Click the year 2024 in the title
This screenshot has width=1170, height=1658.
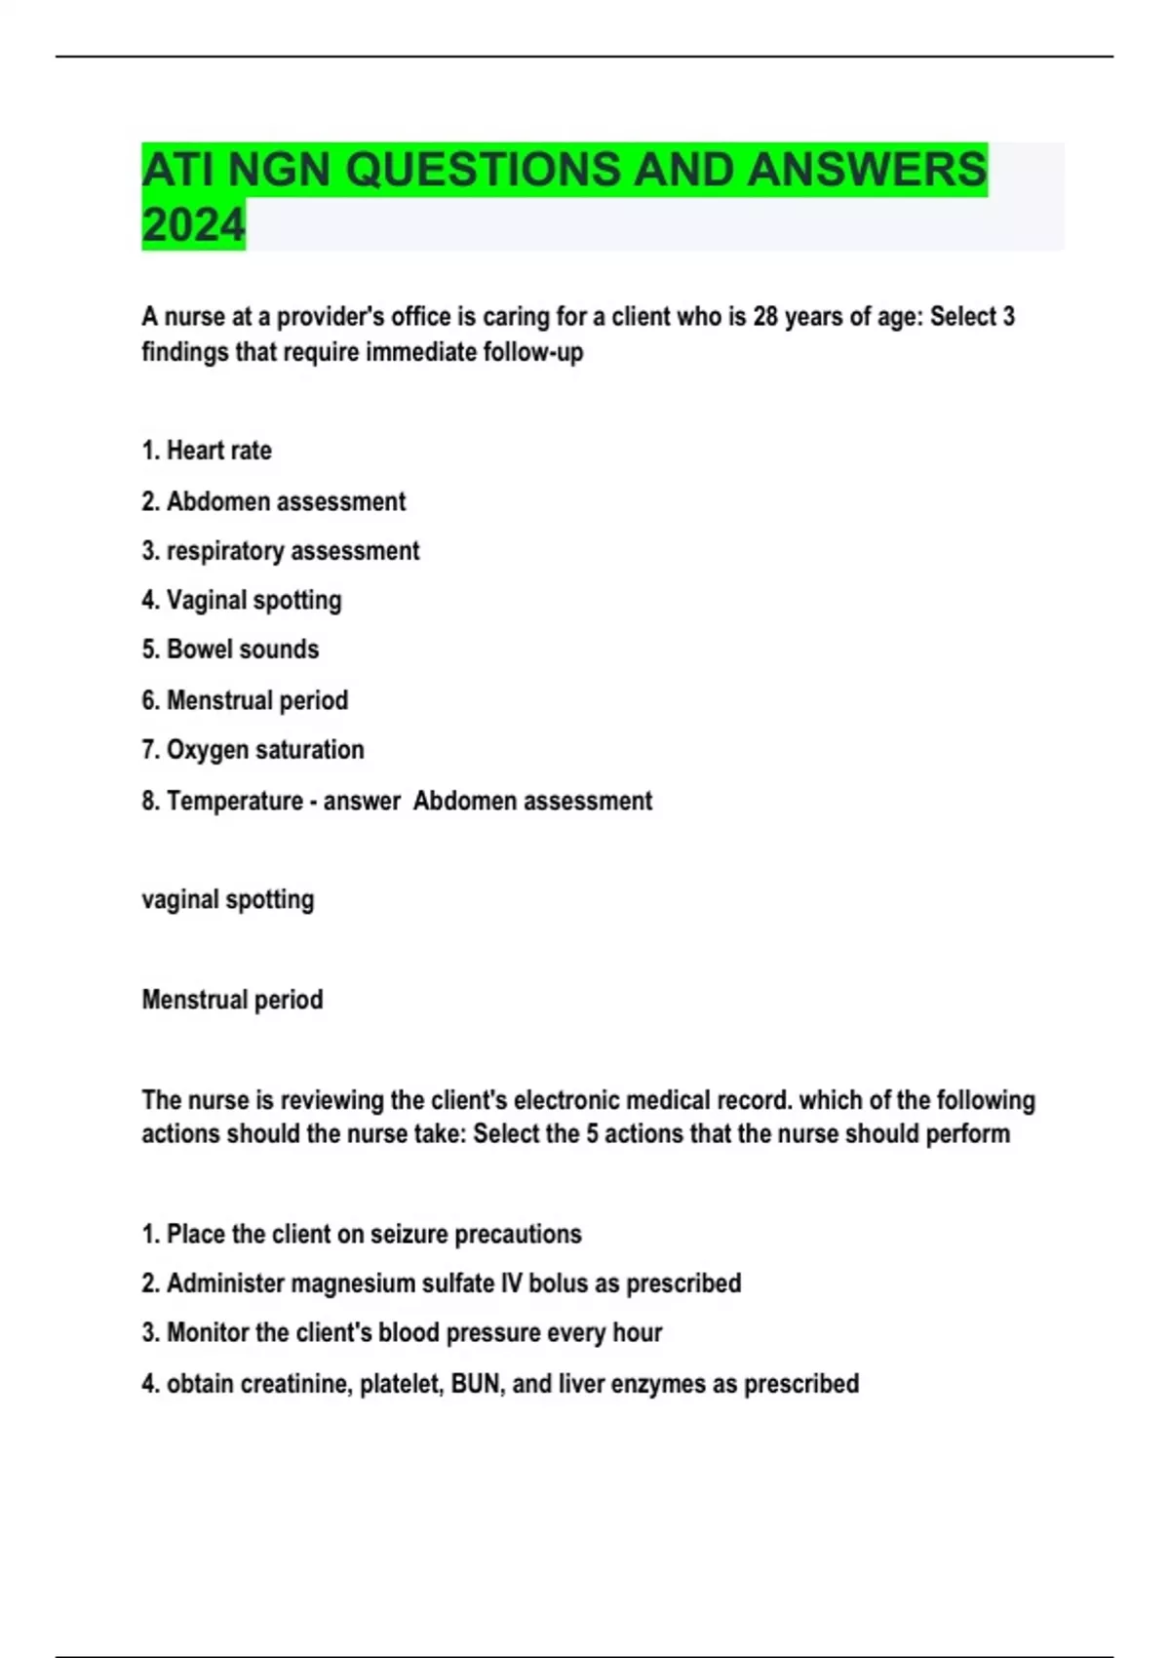tap(193, 225)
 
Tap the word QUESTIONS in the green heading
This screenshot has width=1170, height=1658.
tap(483, 170)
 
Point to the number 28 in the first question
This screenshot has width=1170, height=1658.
tap(766, 317)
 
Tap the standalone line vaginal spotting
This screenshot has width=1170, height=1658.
tap(228, 899)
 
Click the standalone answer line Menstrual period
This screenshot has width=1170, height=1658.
tap(232, 1000)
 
